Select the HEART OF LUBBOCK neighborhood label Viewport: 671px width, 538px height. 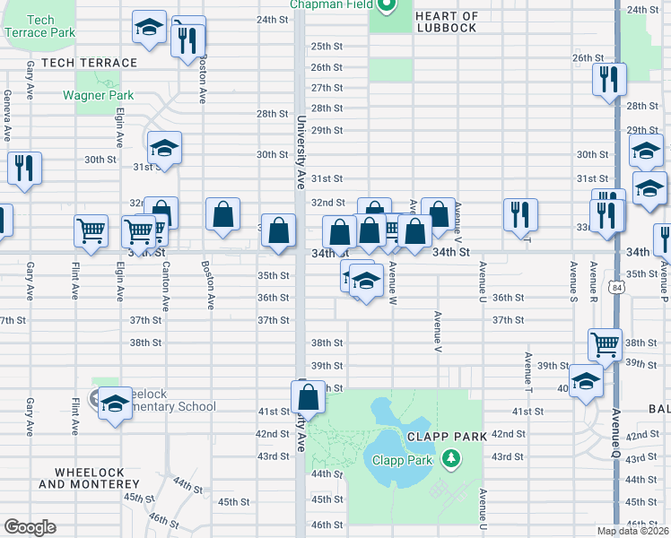point(447,22)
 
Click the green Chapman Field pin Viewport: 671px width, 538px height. point(387,7)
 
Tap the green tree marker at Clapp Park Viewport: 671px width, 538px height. point(450,461)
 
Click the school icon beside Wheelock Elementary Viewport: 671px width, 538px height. point(115,404)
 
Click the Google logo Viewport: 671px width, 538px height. point(30,527)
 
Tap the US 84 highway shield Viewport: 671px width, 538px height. point(614,288)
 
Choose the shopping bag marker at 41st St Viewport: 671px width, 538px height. point(308,396)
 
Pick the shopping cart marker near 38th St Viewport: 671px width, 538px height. point(606,343)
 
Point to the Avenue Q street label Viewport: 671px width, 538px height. point(616,431)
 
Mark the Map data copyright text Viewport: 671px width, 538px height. point(633,531)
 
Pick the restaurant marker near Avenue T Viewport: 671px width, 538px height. point(520,214)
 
